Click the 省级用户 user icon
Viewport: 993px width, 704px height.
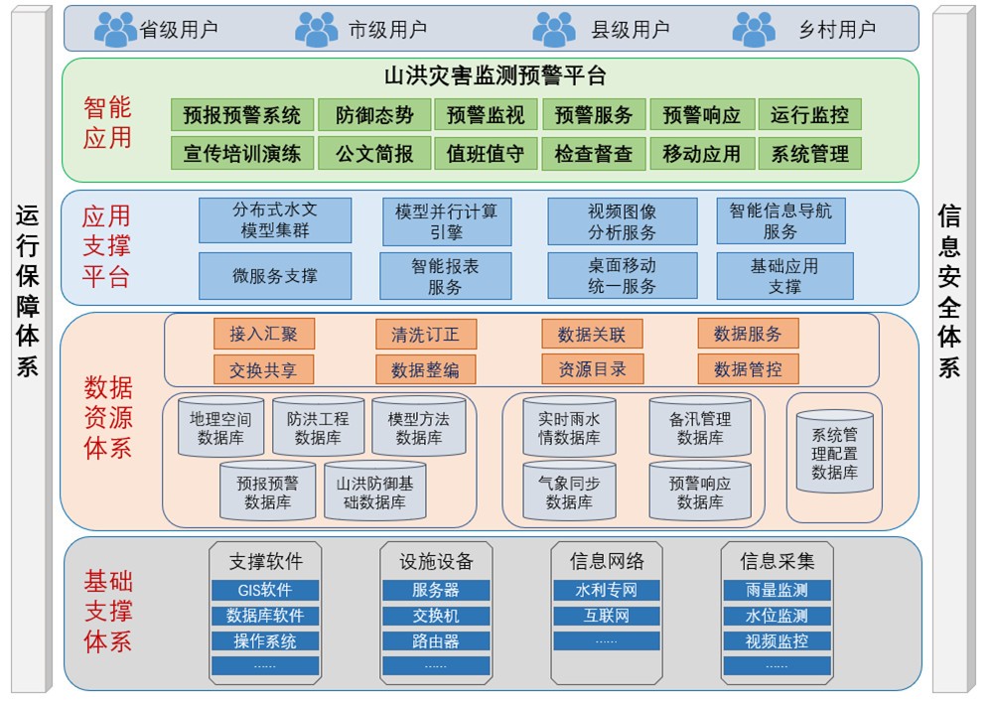click(115, 29)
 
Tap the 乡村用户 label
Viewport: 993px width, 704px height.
click(837, 30)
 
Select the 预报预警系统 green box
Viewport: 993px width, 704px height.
click(242, 115)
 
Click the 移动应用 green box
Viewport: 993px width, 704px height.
click(701, 154)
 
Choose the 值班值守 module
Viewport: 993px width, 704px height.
click(486, 154)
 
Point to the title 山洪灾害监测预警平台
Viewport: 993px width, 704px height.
click(495, 76)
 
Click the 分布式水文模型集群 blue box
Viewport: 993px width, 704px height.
click(275, 220)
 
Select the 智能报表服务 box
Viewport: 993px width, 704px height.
click(445, 276)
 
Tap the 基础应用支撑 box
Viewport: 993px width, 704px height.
click(784, 276)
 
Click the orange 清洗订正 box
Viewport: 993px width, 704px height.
click(425, 335)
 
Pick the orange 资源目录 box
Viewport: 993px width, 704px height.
click(592, 369)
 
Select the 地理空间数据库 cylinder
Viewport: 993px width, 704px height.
click(220, 428)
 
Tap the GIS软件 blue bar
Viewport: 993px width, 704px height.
click(264, 591)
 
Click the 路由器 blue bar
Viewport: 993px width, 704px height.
click(435, 641)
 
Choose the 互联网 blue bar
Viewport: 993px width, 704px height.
click(606, 616)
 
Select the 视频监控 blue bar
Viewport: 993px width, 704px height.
click(777, 641)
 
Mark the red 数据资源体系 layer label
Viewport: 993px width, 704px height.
click(107, 417)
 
